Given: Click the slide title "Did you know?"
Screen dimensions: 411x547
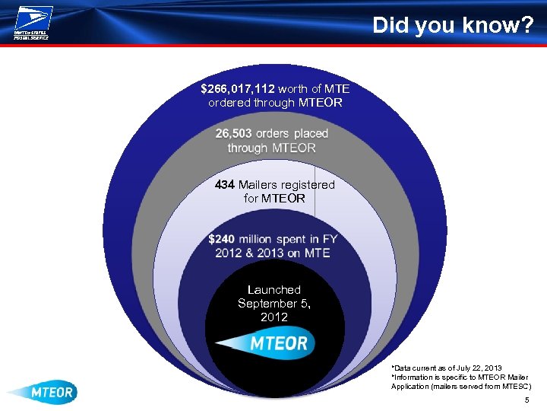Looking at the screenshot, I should pos(453,26).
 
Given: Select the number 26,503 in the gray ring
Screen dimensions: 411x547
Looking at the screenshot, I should pos(233,133).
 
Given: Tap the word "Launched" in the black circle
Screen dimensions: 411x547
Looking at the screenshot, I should pos(273,289).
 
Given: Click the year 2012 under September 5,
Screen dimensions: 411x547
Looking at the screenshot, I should pos(273,317).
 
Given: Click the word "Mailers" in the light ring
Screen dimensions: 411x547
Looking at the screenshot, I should pos(260,184).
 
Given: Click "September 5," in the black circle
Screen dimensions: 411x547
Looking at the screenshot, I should pos(273,303).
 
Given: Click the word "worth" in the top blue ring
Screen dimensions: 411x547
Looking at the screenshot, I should pos(296,88).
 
